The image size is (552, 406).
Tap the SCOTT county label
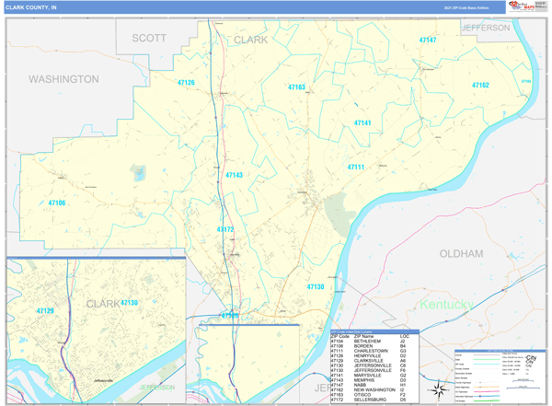pyautogui.click(x=149, y=38)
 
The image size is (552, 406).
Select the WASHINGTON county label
pyautogui.click(x=63, y=79)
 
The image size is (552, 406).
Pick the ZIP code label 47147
pyautogui.click(x=428, y=41)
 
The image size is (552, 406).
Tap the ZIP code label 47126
pyautogui.click(x=186, y=83)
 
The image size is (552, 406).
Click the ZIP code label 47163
pyautogui.click(x=296, y=87)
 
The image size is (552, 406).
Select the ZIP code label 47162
pyautogui.click(x=480, y=85)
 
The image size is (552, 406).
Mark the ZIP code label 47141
pyautogui.click(x=362, y=122)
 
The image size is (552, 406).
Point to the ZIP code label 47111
pyautogui.click(x=356, y=167)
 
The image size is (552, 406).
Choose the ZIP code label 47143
pyautogui.click(x=234, y=174)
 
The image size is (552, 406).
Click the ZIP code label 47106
pyautogui.click(x=57, y=203)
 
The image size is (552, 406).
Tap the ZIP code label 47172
pyautogui.click(x=225, y=228)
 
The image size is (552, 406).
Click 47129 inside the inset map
pyautogui.click(x=44, y=311)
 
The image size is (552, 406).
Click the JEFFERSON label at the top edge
pyautogui.click(x=486, y=28)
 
